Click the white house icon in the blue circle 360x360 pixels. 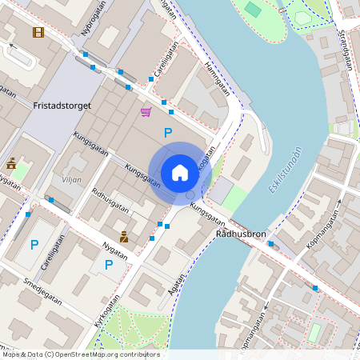pos(179,173)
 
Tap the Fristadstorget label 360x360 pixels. pos(62,106)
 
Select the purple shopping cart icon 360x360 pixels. pos(146,112)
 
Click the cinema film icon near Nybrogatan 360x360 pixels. pos(38,32)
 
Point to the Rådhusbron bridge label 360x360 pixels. pos(240,234)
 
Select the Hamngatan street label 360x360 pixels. pos(217,78)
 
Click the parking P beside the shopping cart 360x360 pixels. pos(168,133)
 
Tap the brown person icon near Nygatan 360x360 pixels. pos(124,236)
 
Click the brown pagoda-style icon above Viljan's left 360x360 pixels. pos(12,163)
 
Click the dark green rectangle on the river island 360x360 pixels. pos(253,9)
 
